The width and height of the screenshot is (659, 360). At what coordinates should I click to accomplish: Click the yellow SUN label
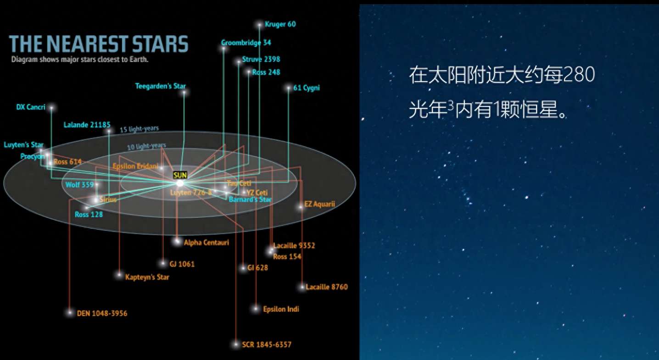click(180, 175)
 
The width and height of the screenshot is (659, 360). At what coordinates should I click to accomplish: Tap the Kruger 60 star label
click(280, 24)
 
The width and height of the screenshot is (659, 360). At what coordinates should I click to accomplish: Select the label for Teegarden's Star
click(160, 86)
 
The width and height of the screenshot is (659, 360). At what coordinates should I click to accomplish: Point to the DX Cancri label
click(31, 107)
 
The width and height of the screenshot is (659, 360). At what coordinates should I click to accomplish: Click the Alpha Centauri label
click(206, 243)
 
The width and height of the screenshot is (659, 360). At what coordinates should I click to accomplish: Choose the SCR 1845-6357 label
click(267, 344)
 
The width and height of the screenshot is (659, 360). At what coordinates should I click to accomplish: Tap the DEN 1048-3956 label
click(102, 313)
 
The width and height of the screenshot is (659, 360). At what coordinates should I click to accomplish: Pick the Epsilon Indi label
click(281, 309)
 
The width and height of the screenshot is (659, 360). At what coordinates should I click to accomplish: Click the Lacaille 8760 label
click(327, 287)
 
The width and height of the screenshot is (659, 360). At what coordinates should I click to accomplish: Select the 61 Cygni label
click(306, 88)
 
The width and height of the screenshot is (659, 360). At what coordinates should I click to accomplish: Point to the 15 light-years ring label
click(139, 129)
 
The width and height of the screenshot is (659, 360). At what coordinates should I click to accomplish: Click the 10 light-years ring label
click(146, 146)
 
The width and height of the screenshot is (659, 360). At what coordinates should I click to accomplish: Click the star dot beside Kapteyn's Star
click(119, 275)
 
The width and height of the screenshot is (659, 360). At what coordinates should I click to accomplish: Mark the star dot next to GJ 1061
click(163, 263)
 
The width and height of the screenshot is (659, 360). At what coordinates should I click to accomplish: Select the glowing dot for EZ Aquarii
click(301, 206)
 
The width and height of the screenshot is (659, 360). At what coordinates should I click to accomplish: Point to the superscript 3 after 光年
click(451, 105)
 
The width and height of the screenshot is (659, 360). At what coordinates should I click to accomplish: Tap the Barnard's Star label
click(250, 199)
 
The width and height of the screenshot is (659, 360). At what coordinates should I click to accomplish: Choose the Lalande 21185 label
click(87, 125)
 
